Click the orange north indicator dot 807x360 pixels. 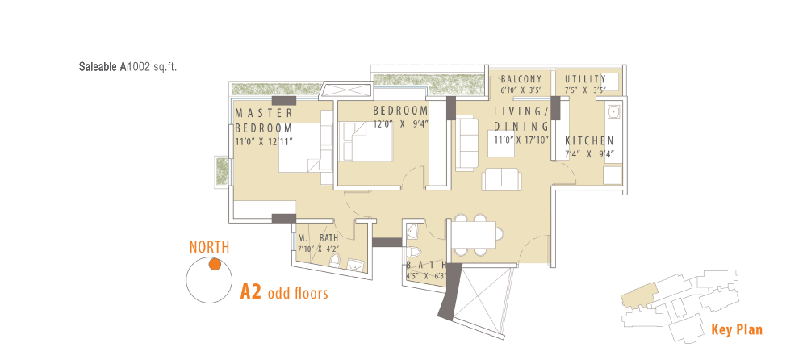coord(215,265)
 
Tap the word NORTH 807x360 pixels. coord(210,247)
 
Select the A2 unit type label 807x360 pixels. coord(252,292)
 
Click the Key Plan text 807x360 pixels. coord(737,329)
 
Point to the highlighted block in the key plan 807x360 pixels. coord(638,295)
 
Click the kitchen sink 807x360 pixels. coord(613,112)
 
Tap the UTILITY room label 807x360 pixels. coord(585,79)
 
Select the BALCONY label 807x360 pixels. coord(521,79)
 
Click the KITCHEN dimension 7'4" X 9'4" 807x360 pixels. coord(589,154)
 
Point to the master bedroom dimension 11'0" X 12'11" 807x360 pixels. coord(264,141)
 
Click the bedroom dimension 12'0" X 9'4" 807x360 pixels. coord(401,123)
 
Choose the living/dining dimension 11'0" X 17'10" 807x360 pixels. coord(521,139)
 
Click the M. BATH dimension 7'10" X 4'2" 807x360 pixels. coord(317,249)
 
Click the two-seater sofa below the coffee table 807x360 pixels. coord(501,179)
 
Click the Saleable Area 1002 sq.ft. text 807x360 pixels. coord(128,67)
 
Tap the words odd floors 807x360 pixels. coord(298,294)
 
